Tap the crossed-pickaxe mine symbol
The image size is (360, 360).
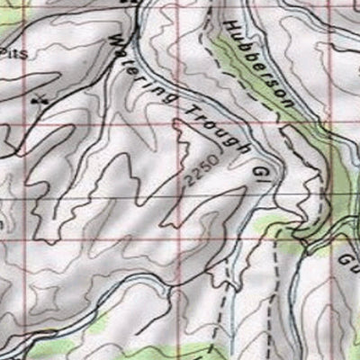(38, 100)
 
